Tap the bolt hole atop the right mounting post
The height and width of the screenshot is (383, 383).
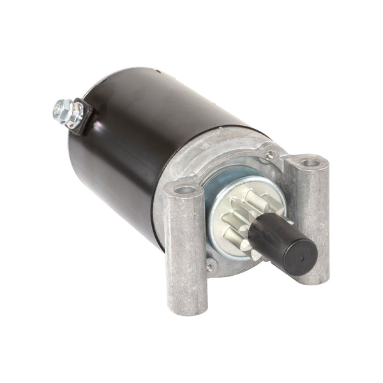click(310, 163)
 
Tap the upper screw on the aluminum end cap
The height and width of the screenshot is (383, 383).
click(271, 154)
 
